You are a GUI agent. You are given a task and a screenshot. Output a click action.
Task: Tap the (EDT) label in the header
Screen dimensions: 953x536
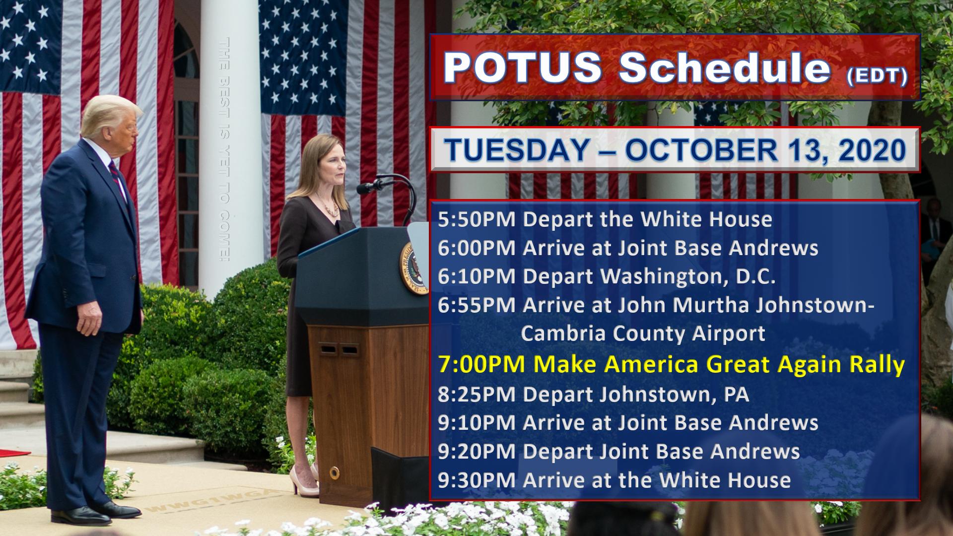point(877,75)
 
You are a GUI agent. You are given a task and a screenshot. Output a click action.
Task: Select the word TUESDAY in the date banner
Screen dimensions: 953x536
point(517,150)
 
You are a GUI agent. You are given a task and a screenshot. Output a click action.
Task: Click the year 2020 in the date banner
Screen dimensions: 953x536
point(872,150)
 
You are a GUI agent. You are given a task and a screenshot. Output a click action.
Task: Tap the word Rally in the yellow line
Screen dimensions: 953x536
point(877,365)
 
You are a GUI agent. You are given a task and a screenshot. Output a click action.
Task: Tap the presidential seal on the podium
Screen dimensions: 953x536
point(414,268)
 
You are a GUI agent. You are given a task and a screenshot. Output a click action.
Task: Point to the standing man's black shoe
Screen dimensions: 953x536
point(81,516)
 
